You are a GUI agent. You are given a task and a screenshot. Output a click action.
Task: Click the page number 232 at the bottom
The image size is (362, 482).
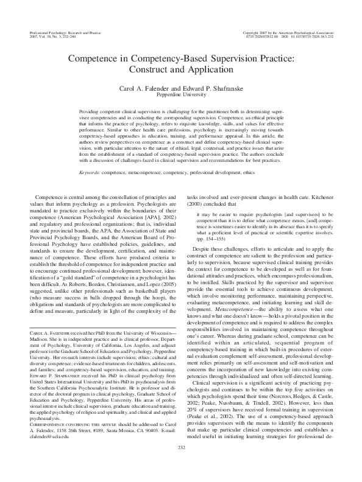pyautogui.click(x=181, y=466)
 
